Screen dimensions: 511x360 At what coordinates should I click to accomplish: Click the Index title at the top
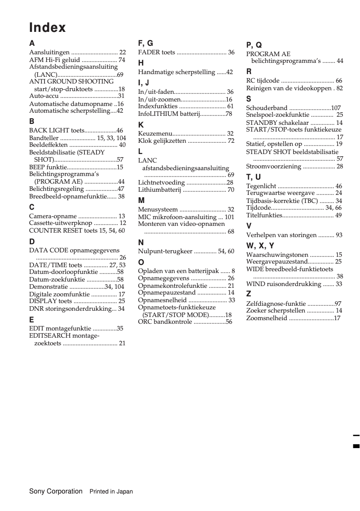tap(48, 28)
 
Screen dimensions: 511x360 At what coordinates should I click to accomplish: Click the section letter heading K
tap(141, 124)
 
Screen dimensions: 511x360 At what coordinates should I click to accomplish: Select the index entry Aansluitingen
tap(49, 53)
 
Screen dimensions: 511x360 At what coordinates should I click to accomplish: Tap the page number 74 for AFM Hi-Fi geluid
tap(122, 60)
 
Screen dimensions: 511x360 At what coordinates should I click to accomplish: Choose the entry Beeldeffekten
tap(48, 145)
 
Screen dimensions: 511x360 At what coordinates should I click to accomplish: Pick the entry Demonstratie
tap(48, 286)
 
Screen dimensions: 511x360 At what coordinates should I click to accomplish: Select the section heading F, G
tap(145, 43)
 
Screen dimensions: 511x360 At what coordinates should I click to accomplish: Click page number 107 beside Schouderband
tap(336, 108)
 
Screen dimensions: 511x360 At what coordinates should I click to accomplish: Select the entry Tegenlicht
tap(261, 186)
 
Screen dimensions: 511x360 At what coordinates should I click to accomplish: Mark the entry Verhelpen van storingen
tap(281, 235)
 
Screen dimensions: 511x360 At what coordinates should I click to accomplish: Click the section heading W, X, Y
tap(260, 245)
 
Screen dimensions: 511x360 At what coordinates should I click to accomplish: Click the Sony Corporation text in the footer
tap(56, 491)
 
